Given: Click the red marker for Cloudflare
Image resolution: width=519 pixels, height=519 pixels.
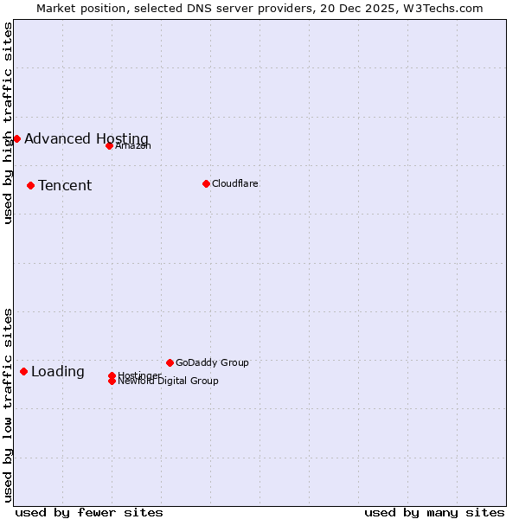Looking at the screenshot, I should [x=206, y=183].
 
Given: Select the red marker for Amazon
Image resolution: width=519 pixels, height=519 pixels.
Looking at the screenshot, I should [x=109, y=145].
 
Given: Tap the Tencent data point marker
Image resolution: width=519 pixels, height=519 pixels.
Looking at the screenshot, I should [x=30, y=185].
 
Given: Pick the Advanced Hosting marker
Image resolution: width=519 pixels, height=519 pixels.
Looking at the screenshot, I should [x=16, y=138].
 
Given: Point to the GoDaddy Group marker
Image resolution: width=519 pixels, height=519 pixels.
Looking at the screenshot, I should [x=170, y=362].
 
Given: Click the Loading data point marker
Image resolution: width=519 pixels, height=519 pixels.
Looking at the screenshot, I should [x=23, y=371].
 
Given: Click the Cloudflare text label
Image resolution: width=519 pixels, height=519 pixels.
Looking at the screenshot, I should [x=235, y=183].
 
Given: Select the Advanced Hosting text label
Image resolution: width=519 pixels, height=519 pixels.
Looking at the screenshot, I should [x=86, y=138].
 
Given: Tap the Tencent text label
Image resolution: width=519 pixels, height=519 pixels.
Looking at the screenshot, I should [x=65, y=185].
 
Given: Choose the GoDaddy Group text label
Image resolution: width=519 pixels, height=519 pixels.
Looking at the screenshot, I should [x=212, y=362].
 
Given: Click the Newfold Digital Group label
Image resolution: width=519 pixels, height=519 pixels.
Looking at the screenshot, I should [x=169, y=381].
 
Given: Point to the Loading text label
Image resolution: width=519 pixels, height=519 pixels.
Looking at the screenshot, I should [x=58, y=371].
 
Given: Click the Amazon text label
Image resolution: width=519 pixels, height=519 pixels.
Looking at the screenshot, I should [x=133, y=145].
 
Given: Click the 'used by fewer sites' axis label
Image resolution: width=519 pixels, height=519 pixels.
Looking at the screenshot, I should [x=89, y=512].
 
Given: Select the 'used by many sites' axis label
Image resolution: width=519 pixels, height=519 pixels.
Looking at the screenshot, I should [x=434, y=512].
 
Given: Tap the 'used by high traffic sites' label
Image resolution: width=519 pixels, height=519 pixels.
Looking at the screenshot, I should [x=8, y=123].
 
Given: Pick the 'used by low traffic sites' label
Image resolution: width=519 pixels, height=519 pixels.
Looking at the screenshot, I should [x=8, y=405].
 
